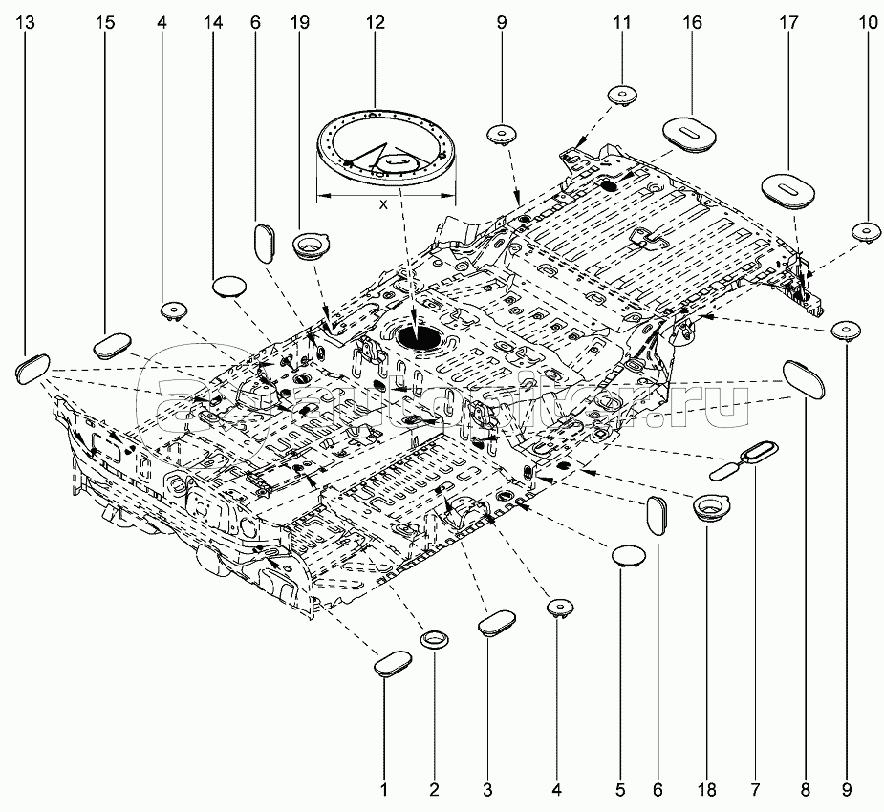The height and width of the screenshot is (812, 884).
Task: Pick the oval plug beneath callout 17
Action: tap(788, 187)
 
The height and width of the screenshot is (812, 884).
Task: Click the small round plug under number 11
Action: tap(623, 94)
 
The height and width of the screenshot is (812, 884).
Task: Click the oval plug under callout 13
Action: tap(32, 368)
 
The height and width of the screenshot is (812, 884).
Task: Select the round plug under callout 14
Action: tap(229, 285)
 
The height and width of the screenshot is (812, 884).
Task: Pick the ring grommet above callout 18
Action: tap(710, 506)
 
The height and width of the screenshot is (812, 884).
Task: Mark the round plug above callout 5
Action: tap(629, 555)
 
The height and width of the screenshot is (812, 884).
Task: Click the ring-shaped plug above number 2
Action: tap(436, 638)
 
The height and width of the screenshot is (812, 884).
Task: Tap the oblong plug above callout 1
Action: tap(392, 663)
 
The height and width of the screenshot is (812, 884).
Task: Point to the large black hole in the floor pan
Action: tap(420, 337)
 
